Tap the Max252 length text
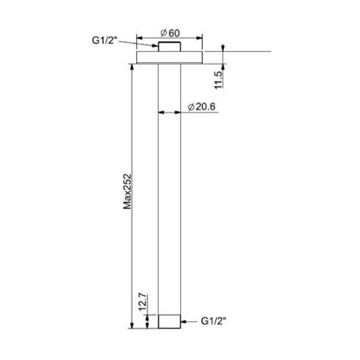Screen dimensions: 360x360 pos(127,192)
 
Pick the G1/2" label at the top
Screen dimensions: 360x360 pos(105,41)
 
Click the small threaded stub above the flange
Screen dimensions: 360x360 pos(169,47)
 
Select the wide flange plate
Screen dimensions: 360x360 pos(169,58)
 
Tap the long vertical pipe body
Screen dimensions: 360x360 pos(169,186)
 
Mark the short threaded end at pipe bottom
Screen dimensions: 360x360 pos(169,321)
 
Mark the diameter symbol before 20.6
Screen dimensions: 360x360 pos(189,106)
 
